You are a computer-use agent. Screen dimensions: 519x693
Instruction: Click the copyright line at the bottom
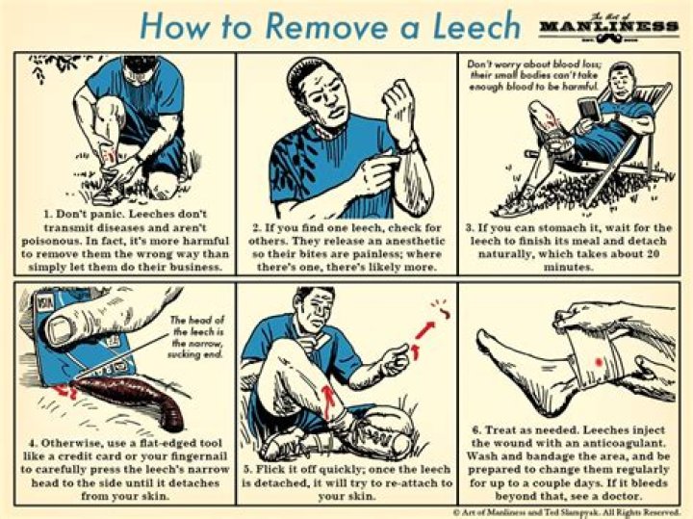568,511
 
